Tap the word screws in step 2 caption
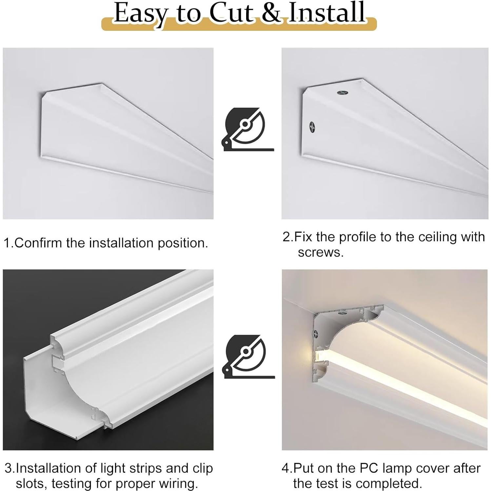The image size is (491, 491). [320, 252]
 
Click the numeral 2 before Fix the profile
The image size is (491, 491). [286, 237]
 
